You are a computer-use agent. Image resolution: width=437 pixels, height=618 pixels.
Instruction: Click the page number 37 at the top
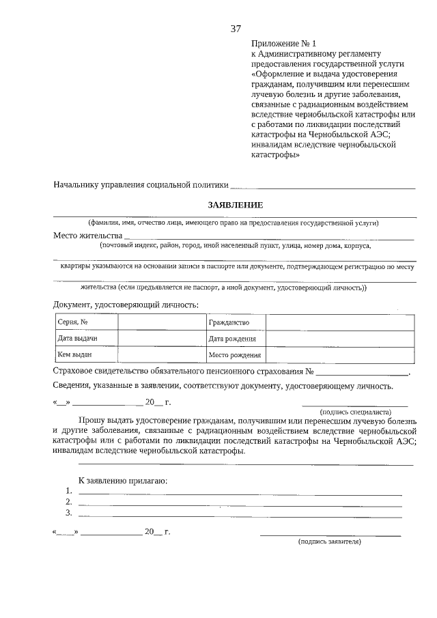pyautogui.click(x=236, y=29)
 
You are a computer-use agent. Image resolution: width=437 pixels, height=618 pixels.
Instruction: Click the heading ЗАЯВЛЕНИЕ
pyautogui.click(x=235, y=205)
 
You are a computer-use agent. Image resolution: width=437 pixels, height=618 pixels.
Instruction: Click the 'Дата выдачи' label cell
pyautogui.click(x=85, y=339)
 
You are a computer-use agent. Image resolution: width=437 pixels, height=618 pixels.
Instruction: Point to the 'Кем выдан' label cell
pyautogui.click(x=85, y=354)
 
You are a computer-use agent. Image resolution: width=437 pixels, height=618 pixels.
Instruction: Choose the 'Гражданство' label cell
pyautogui.click(x=235, y=322)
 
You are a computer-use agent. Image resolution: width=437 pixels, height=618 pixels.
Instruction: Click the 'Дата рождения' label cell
pyautogui.click(x=235, y=339)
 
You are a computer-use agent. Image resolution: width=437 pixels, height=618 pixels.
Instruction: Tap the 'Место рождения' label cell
pyautogui.click(x=235, y=354)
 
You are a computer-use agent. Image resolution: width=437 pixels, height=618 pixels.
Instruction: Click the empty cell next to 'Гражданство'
pyautogui.click(x=339, y=322)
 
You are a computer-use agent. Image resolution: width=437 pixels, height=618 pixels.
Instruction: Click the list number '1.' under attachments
pyautogui.click(x=69, y=491)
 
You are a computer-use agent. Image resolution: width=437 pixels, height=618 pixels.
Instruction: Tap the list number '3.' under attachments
pyautogui.click(x=69, y=513)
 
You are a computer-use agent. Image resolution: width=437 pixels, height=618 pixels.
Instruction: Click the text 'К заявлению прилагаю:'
pyautogui.click(x=123, y=480)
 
